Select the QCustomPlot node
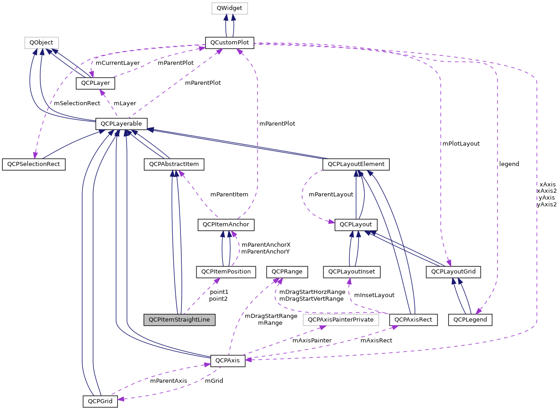tap(229, 43)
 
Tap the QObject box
tap(41, 43)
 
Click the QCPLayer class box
tap(95, 83)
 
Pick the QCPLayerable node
tap(121, 123)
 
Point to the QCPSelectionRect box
tap(34, 164)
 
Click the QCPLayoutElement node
tap(356, 164)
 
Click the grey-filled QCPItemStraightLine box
tap(179, 319)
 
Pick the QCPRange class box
tap(287, 272)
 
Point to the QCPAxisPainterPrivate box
tap(341, 319)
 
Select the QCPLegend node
tap(470, 319)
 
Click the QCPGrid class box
tap(100, 401)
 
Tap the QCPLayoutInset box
tap(352, 272)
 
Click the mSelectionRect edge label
tap(77, 103)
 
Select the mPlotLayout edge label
tap(462, 143)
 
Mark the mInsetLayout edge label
tap(374, 295)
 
